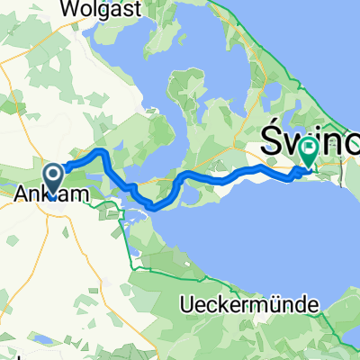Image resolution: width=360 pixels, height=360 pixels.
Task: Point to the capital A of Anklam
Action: click(23, 192)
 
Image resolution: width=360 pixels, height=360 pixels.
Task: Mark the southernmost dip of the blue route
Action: click(155, 208)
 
